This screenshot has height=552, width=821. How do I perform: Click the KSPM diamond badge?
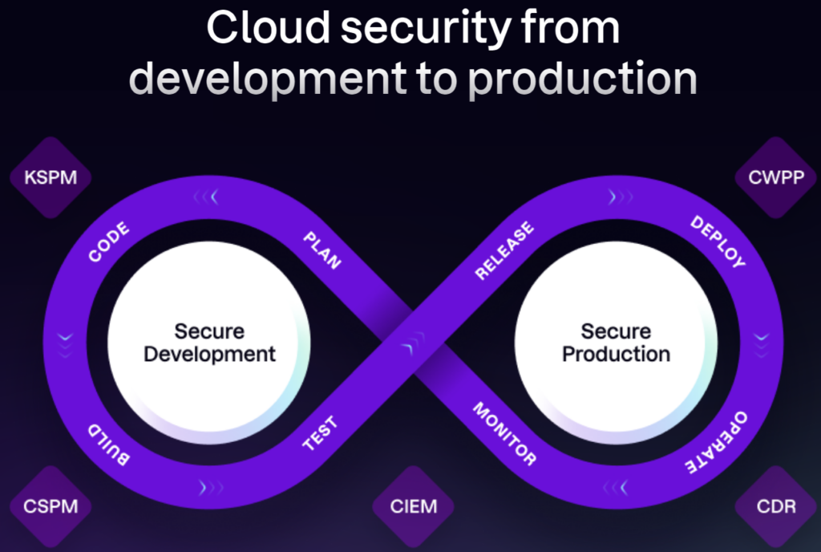[x=51, y=177]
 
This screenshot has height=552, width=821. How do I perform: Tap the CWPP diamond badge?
[x=776, y=177]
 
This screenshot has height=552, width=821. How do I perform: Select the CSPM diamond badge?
[x=51, y=506]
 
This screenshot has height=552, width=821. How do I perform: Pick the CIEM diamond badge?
[x=414, y=506]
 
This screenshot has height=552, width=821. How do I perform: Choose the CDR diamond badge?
[x=776, y=506]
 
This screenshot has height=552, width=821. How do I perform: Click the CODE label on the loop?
[x=108, y=241]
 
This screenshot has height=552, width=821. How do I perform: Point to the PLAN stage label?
[x=322, y=250]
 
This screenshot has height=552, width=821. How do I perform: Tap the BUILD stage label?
[x=108, y=444]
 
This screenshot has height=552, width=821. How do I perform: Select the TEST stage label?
[x=320, y=433]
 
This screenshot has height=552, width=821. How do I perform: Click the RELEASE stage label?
[x=504, y=250]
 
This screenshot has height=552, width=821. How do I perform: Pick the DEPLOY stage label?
[x=718, y=241]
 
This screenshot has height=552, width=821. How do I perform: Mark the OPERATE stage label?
[x=716, y=443]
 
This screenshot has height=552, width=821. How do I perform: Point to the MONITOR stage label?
[x=504, y=433]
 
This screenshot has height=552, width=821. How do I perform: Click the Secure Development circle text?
[x=209, y=343]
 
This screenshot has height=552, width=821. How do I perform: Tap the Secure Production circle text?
[x=617, y=343]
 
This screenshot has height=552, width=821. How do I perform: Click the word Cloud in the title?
[x=268, y=27]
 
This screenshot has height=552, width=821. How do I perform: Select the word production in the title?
[x=582, y=79]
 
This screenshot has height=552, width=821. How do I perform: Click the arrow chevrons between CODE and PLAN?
[x=206, y=197]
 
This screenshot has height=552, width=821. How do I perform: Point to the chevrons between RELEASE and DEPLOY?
[x=621, y=197]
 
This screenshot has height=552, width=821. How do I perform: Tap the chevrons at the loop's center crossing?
[x=414, y=343]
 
